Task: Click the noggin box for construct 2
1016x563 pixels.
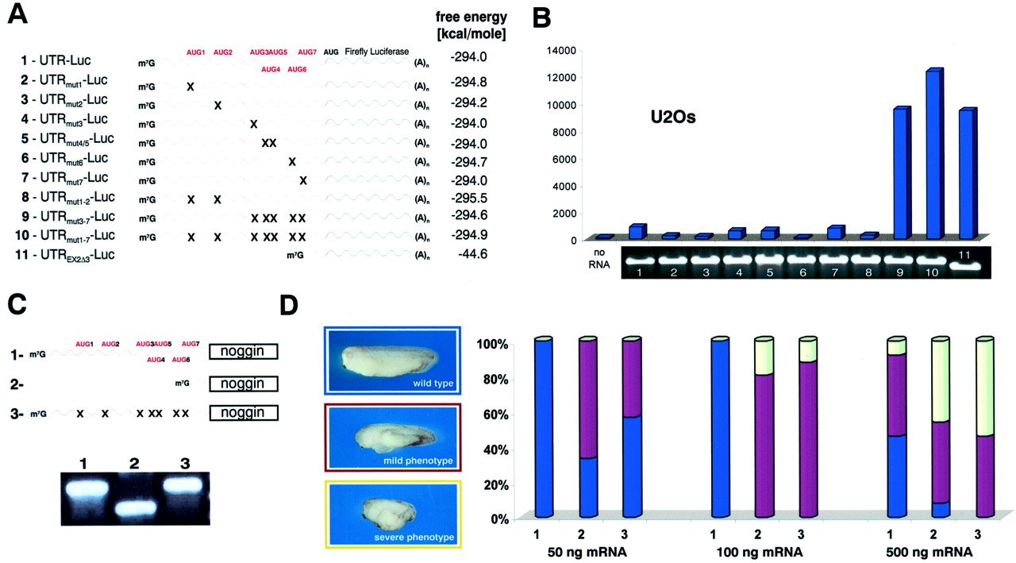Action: tap(244, 384)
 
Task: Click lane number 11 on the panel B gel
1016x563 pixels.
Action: tap(964, 253)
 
